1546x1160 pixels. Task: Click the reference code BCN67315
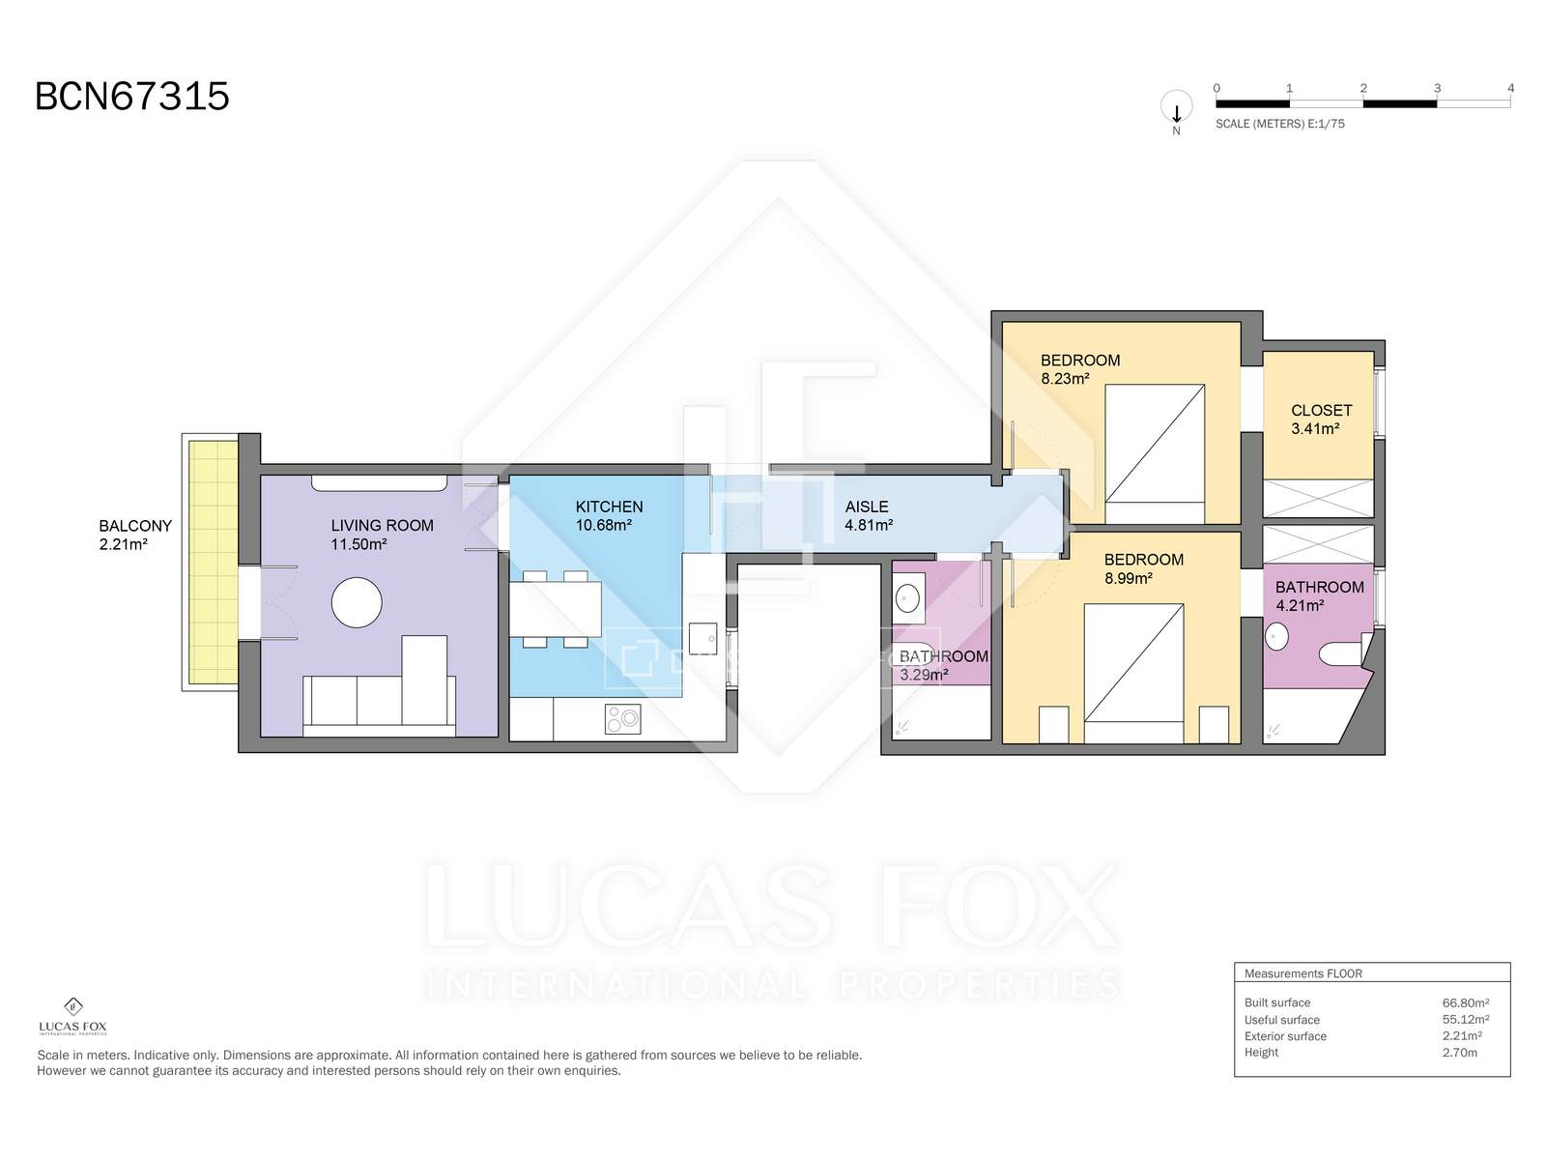[131, 97]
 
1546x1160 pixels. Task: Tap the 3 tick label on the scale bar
[1437, 88]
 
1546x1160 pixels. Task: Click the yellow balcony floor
[212, 562]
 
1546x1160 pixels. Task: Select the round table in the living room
[357, 602]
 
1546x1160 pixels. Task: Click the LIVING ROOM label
[382, 526]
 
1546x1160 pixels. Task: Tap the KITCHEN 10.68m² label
[609, 515]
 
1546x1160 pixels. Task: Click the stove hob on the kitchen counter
[622, 718]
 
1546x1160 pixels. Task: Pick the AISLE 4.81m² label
[868, 515]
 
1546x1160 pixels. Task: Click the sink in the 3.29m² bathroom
[907, 598]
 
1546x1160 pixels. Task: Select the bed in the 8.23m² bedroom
[1155, 453]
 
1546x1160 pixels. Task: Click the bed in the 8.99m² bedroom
[1133, 674]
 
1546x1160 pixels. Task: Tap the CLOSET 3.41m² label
[1321, 420]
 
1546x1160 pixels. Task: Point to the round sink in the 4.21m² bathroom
[1277, 637]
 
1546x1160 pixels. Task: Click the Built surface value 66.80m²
[1465, 1003]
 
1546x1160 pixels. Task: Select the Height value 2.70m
[1459, 1053]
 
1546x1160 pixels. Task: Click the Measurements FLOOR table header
[1303, 973]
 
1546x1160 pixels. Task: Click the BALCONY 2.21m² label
[135, 535]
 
